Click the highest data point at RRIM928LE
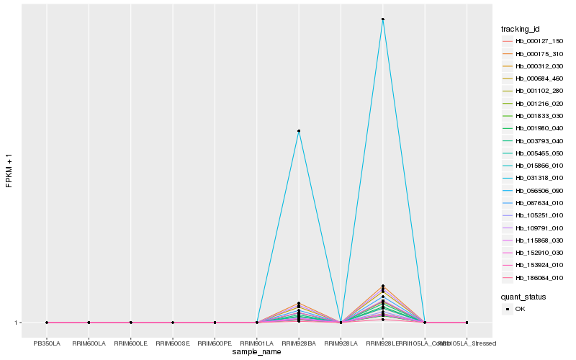(383, 19)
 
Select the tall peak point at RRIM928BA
(299, 131)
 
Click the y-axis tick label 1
(17, 323)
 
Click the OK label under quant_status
(520, 309)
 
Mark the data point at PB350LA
(47, 323)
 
